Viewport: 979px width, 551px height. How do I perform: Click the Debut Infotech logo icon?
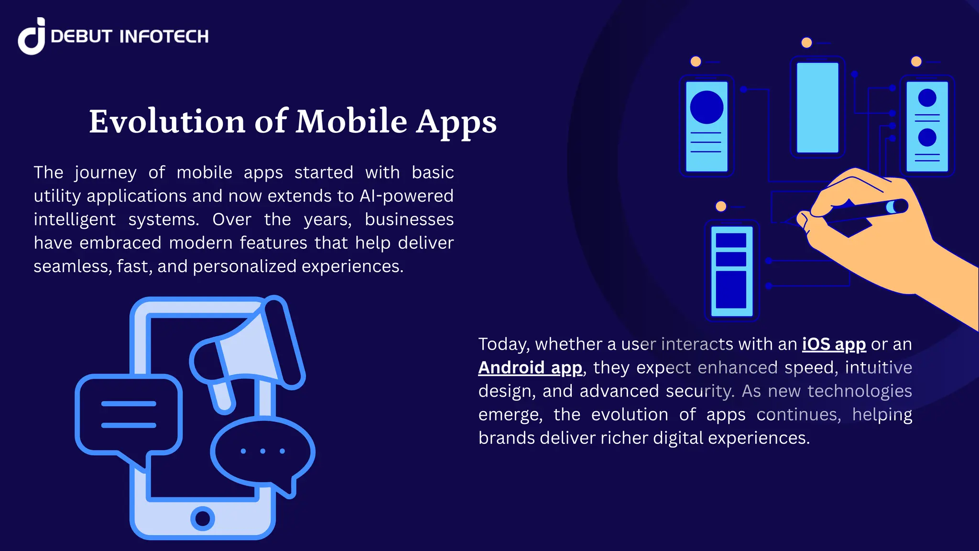point(32,36)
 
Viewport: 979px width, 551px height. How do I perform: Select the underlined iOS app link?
point(834,344)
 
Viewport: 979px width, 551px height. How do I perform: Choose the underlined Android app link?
point(530,368)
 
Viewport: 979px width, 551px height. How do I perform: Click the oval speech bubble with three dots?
point(262,451)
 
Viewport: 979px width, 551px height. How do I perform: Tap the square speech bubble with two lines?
point(129,414)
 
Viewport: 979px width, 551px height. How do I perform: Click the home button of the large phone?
point(203,518)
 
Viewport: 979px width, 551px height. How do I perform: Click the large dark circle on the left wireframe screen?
point(707,107)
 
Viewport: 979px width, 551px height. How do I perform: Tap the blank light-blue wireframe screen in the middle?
point(817,108)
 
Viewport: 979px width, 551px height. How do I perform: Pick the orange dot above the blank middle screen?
point(806,43)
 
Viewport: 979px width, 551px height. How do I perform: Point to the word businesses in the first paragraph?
point(409,220)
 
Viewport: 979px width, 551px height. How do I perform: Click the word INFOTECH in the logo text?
point(163,36)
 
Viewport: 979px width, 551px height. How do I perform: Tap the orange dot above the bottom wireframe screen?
point(721,206)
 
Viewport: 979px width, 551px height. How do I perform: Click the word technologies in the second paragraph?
point(859,391)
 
